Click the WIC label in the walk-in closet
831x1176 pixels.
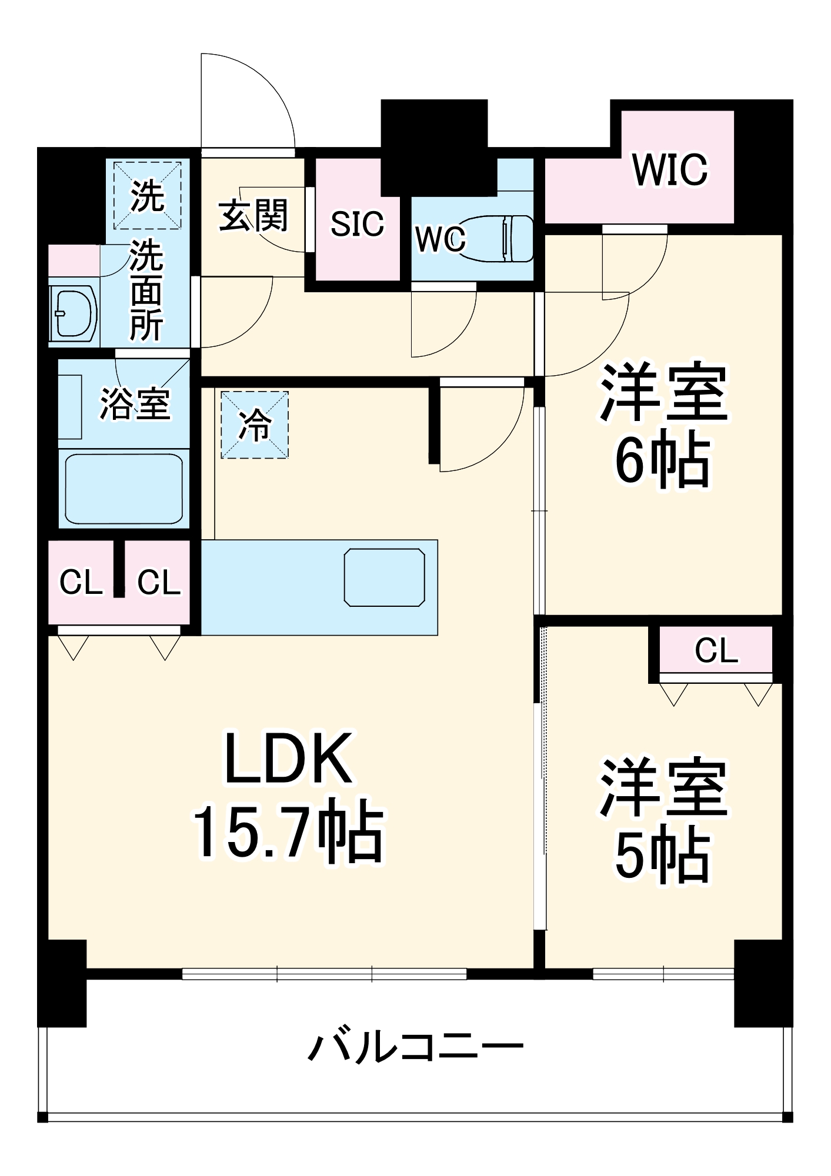pos(670,170)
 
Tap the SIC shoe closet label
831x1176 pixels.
pos(357,224)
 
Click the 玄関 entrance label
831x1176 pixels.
pos(253,216)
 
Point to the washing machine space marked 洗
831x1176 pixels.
pos(147,196)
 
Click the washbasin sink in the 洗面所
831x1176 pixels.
pos(73,314)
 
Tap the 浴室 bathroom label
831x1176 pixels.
pos(135,404)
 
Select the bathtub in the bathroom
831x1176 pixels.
pos(124,489)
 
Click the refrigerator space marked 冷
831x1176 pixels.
pos(255,425)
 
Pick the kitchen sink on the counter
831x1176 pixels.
pos(385,577)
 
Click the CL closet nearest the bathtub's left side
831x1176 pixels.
pos(81,583)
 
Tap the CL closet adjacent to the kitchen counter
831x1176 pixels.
pos(158,583)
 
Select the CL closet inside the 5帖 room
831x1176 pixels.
pos(716,650)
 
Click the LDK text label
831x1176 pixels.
pos(288,758)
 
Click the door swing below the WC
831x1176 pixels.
pos(441,323)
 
